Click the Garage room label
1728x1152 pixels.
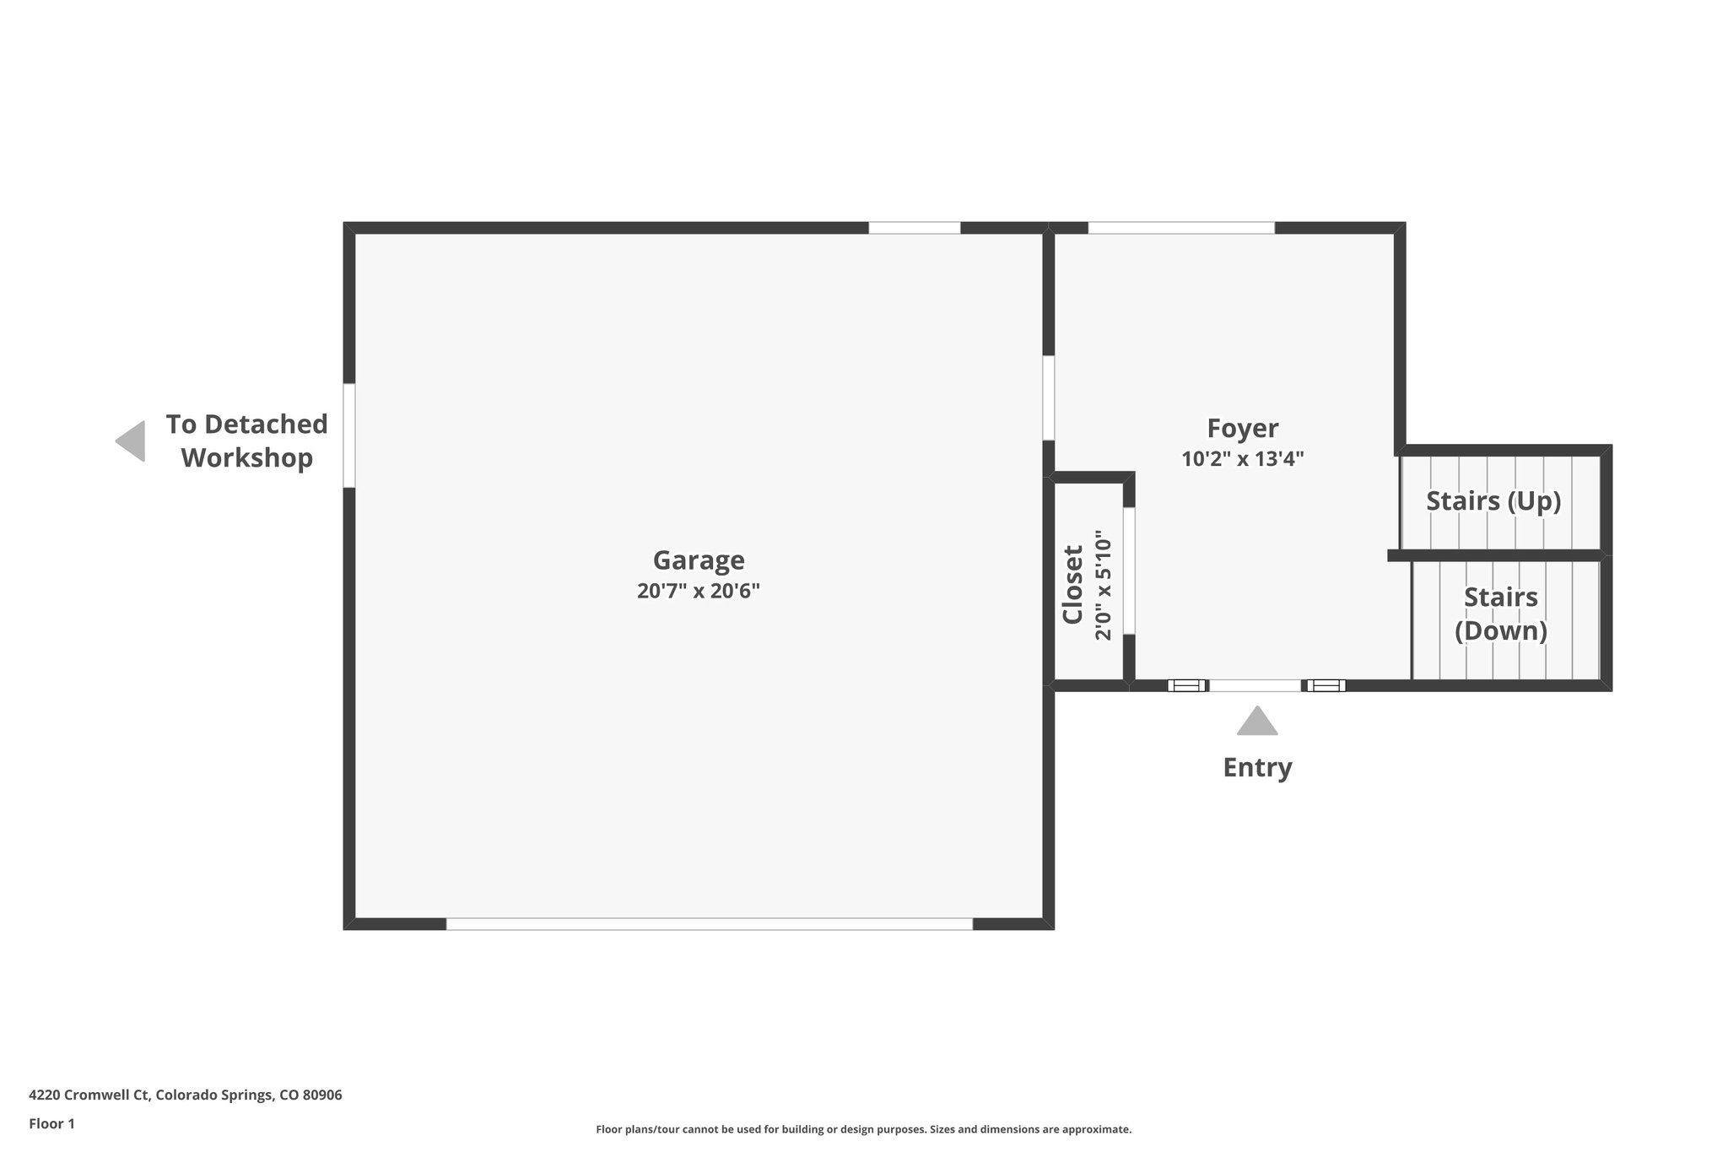[699, 560]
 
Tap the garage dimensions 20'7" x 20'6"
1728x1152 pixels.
[699, 591]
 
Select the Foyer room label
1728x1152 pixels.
[1243, 429]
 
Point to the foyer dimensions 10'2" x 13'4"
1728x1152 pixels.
[1243, 459]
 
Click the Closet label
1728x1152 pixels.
[1072, 585]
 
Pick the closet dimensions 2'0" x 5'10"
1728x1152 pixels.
[1104, 585]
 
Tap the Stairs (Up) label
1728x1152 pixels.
[1493, 501]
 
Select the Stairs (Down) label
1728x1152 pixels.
[1501, 614]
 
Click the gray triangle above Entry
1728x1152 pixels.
[1257, 722]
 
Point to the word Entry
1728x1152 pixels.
[1257, 767]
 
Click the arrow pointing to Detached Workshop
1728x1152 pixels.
[131, 441]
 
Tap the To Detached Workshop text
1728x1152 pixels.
[246, 441]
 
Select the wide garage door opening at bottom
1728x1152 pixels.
[709, 924]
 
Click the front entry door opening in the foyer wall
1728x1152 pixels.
[1255, 685]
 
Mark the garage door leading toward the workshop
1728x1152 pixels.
[349, 435]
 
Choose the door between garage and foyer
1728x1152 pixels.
[1049, 398]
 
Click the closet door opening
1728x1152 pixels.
[1129, 571]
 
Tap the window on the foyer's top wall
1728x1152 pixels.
[1181, 228]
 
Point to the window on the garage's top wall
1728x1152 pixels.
[915, 228]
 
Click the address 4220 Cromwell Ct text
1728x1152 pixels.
[186, 1095]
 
